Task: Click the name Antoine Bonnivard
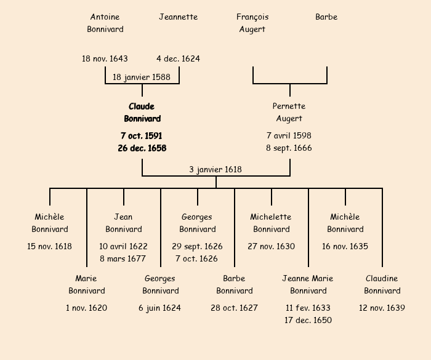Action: pos(105,23)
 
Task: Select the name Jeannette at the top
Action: pos(179,17)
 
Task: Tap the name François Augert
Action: pos(252,23)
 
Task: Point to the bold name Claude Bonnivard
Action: pos(142,113)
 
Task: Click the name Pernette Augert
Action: pos(289,112)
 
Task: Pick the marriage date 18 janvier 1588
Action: pos(142,77)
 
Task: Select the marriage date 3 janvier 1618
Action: pos(216,170)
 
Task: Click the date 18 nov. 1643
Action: pos(105,58)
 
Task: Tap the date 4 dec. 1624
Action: pos(178,58)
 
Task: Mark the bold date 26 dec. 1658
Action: pos(142,148)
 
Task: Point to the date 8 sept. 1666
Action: pos(289,148)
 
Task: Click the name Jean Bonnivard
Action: pos(124,223)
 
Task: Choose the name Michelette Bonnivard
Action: pos(272,223)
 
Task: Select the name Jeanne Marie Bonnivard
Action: pos(308,284)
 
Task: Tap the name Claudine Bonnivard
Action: pos(382,284)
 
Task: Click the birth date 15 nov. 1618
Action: pos(49,246)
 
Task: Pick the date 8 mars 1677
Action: pos(123,258)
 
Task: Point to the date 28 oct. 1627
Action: pos(234,308)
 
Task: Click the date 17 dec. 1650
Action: pos(308,320)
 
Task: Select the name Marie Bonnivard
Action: pos(87,284)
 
